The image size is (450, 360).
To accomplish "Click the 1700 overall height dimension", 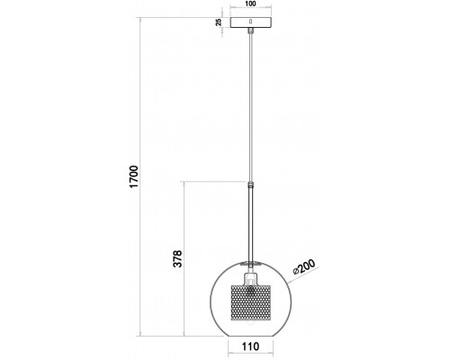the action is (x=134, y=176).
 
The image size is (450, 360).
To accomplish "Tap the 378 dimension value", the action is (x=177, y=258).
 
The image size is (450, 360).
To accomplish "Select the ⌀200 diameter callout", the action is (x=304, y=266).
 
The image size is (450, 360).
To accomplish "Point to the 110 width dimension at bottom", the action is (x=250, y=346).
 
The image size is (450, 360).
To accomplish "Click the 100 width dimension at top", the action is (x=250, y=4).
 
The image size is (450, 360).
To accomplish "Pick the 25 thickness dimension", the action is (x=219, y=22).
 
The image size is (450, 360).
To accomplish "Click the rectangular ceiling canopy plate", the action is (x=250, y=22).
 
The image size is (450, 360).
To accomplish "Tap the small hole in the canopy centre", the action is (x=250, y=22).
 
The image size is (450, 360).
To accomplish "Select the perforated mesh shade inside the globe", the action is (x=250, y=302).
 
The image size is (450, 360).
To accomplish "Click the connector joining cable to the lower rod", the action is (x=250, y=184).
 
